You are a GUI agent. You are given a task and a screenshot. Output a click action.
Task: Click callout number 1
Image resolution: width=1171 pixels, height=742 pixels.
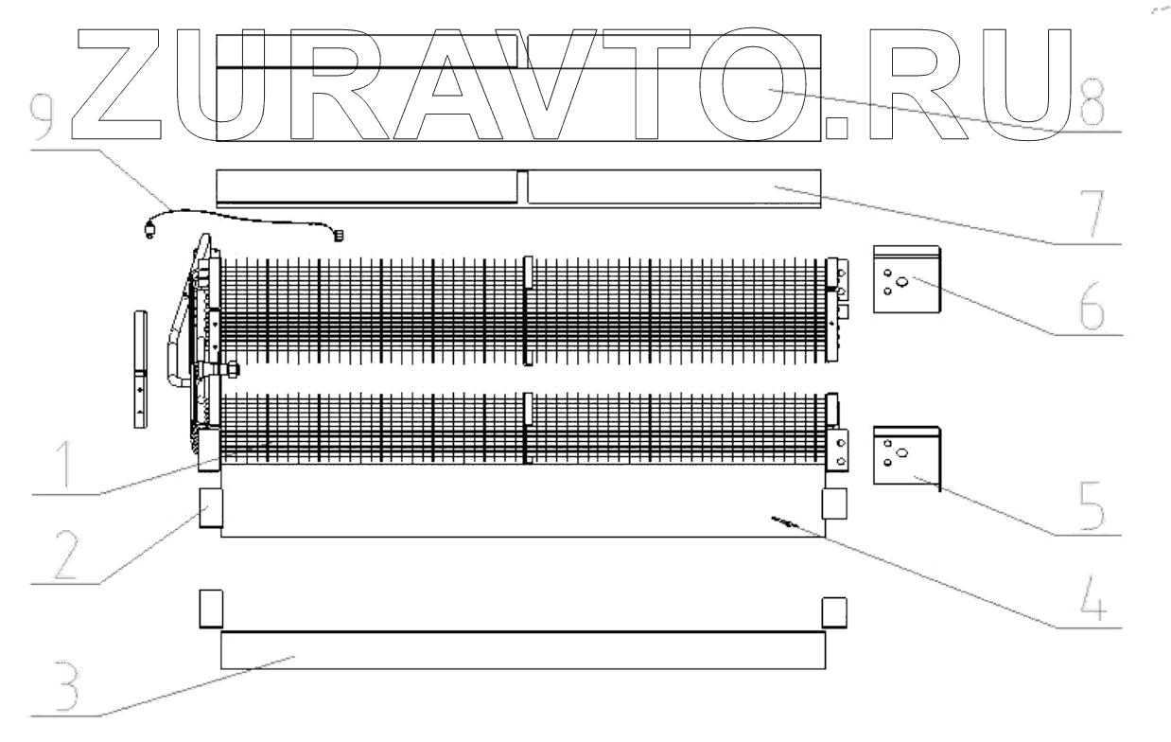[x=65, y=465]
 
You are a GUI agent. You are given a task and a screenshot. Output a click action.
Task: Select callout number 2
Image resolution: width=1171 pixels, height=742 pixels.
[x=66, y=555]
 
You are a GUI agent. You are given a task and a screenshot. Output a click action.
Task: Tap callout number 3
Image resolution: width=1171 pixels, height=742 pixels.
[x=66, y=686]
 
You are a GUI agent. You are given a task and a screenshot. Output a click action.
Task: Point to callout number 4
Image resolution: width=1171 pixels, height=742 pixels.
[x=1093, y=598]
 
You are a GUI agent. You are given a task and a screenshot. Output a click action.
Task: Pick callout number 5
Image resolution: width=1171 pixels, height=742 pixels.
[x=1092, y=505]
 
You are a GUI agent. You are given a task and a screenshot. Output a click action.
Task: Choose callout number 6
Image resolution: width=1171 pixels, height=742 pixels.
[x=1092, y=306]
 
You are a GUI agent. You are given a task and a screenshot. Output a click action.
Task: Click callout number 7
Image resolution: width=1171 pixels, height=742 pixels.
[x=1092, y=214]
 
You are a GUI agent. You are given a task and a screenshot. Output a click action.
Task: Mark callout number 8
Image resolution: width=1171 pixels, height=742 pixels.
[x=1092, y=102]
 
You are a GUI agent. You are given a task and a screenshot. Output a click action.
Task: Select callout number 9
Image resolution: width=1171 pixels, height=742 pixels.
[x=42, y=117]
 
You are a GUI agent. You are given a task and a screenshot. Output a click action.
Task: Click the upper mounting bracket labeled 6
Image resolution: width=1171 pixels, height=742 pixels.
[x=906, y=280]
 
